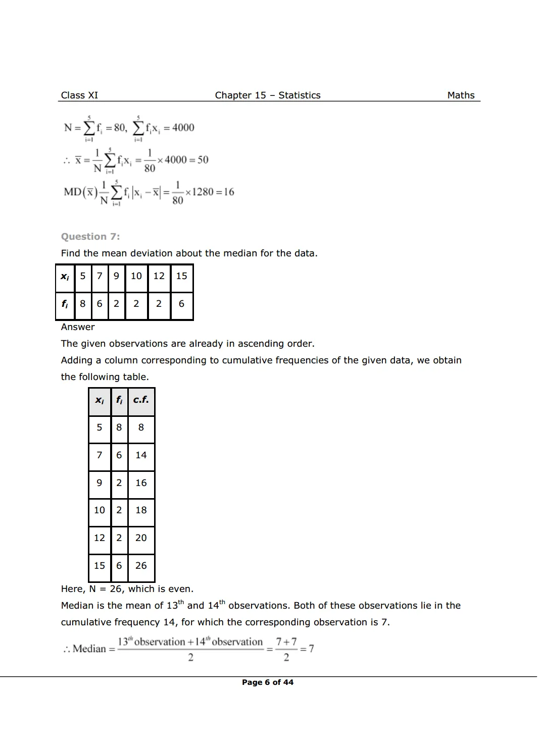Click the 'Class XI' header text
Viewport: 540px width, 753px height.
[79, 95]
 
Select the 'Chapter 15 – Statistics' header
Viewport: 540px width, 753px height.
[267, 95]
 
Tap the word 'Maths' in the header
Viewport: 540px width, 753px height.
[461, 95]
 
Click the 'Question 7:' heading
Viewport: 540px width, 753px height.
[90, 237]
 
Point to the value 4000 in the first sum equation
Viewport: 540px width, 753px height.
[183, 128]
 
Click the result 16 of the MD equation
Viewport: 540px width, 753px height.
[229, 192]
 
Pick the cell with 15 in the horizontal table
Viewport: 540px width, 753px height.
[181, 276]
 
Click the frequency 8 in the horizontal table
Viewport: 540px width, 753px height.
[83, 304]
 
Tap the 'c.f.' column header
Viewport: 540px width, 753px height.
[141, 400]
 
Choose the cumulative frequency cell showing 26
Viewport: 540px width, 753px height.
[141, 566]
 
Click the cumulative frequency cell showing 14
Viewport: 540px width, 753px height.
[141, 455]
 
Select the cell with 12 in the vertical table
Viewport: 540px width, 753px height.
[100, 538]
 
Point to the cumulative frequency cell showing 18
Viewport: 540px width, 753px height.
[141, 510]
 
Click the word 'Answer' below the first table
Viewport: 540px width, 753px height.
[78, 327]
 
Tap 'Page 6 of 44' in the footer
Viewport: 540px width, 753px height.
[267, 682]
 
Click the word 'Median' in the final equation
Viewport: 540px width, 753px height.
[89, 649]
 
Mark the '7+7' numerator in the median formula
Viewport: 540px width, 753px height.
[286, 642]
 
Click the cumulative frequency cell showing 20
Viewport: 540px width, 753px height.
[141, 538]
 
